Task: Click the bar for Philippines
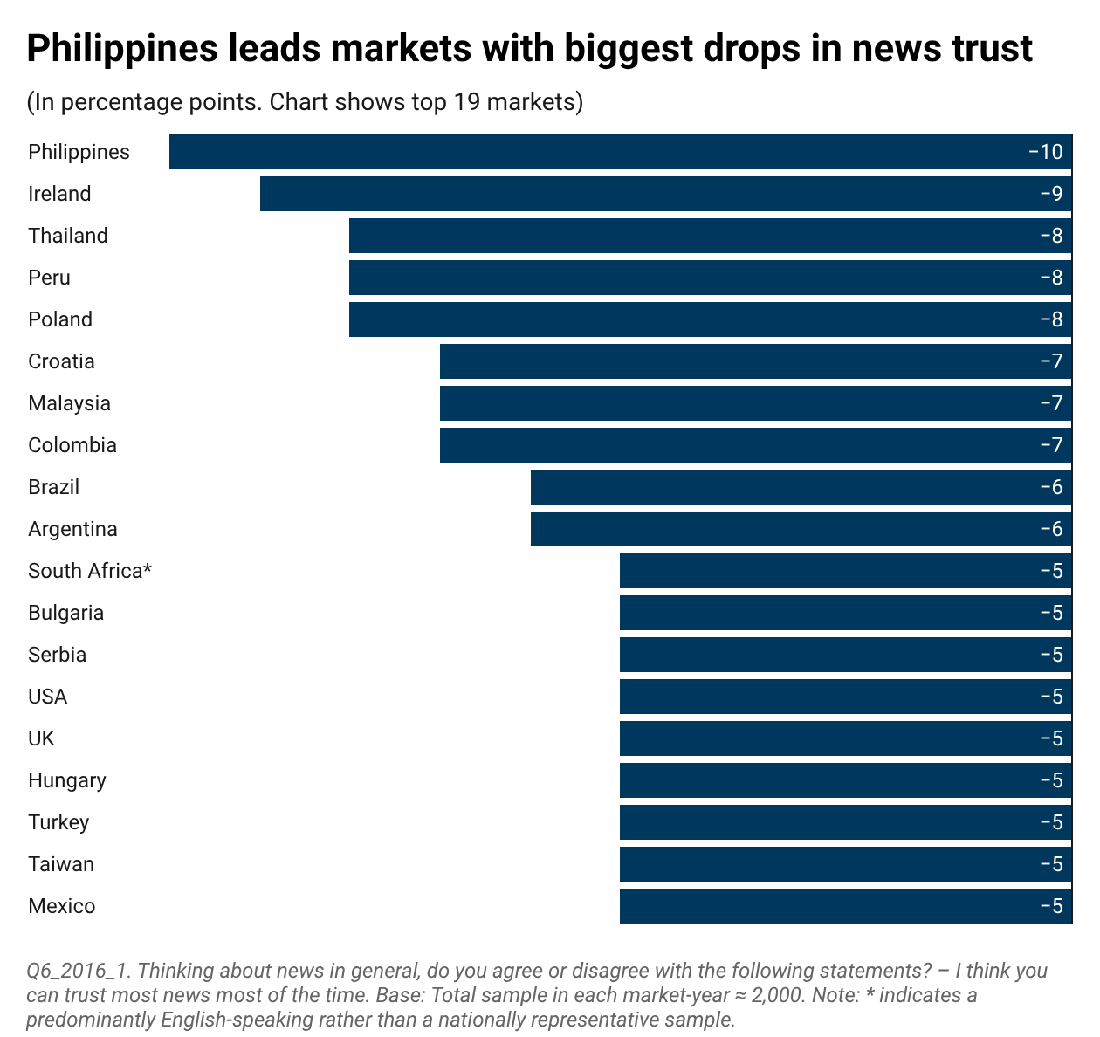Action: [x=621, y=152]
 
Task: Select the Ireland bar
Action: [x=666, y=194]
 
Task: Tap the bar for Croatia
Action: [x=755, y=361]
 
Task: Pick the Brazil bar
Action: [x=801, y=487]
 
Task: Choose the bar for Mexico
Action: [x=846, y=906]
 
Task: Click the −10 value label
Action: [x=1045, y=152]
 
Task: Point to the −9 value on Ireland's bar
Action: [x=1051, y=194]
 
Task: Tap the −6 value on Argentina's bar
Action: [x=1051, y=529]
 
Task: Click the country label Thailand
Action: [x=68, y=236]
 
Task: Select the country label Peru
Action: [x=49, y=278]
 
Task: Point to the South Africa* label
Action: [x=90, y=571]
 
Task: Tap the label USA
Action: [x=48, y=697]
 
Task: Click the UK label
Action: [x=42, y=738]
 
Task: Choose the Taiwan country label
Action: [x=61, y=864]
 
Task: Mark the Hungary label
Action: [x=67, y=781]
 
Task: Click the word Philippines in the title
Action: [x=122, y=49]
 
